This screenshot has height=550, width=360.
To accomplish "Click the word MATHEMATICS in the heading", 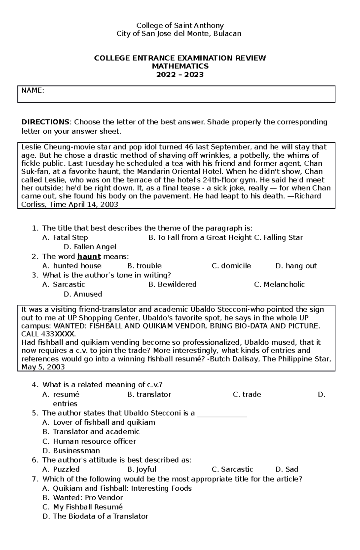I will coord(180,66).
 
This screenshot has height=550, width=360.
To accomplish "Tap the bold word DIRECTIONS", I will coord(45,122).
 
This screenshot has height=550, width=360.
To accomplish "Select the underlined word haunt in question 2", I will coord(89,257).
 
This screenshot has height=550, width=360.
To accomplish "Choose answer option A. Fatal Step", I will coord(65,238).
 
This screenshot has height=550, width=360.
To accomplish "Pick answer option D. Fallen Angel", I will coord(90,247).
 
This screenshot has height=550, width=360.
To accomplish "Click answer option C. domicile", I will coord(231,266).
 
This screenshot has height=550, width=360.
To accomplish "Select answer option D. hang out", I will coord(296,266).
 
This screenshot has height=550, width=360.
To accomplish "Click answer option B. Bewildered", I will coord(172,284).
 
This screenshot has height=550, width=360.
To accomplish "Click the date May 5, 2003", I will coord(43,367).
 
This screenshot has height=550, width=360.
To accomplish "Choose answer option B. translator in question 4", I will coord(149,394).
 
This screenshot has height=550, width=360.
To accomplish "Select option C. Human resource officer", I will coord(89,441).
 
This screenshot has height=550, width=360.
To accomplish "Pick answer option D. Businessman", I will coord(71,450).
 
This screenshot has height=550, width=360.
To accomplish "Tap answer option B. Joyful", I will coord(142,469).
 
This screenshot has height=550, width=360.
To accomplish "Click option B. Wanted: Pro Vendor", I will coord(83,498).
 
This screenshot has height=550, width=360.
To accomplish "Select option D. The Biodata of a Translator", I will coord(95,516).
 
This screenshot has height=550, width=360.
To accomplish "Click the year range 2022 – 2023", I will coord(180,75).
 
